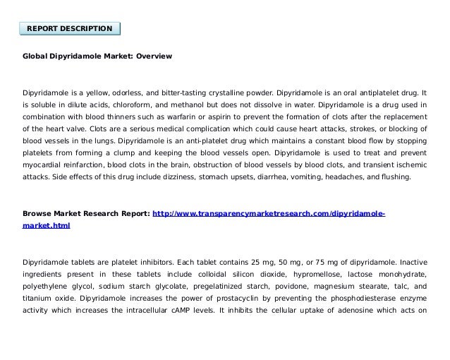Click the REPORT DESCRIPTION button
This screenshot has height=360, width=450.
[69, 28]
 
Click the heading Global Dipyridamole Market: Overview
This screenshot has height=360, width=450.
[97, 55]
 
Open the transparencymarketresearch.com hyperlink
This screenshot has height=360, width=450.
[269, 212]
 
